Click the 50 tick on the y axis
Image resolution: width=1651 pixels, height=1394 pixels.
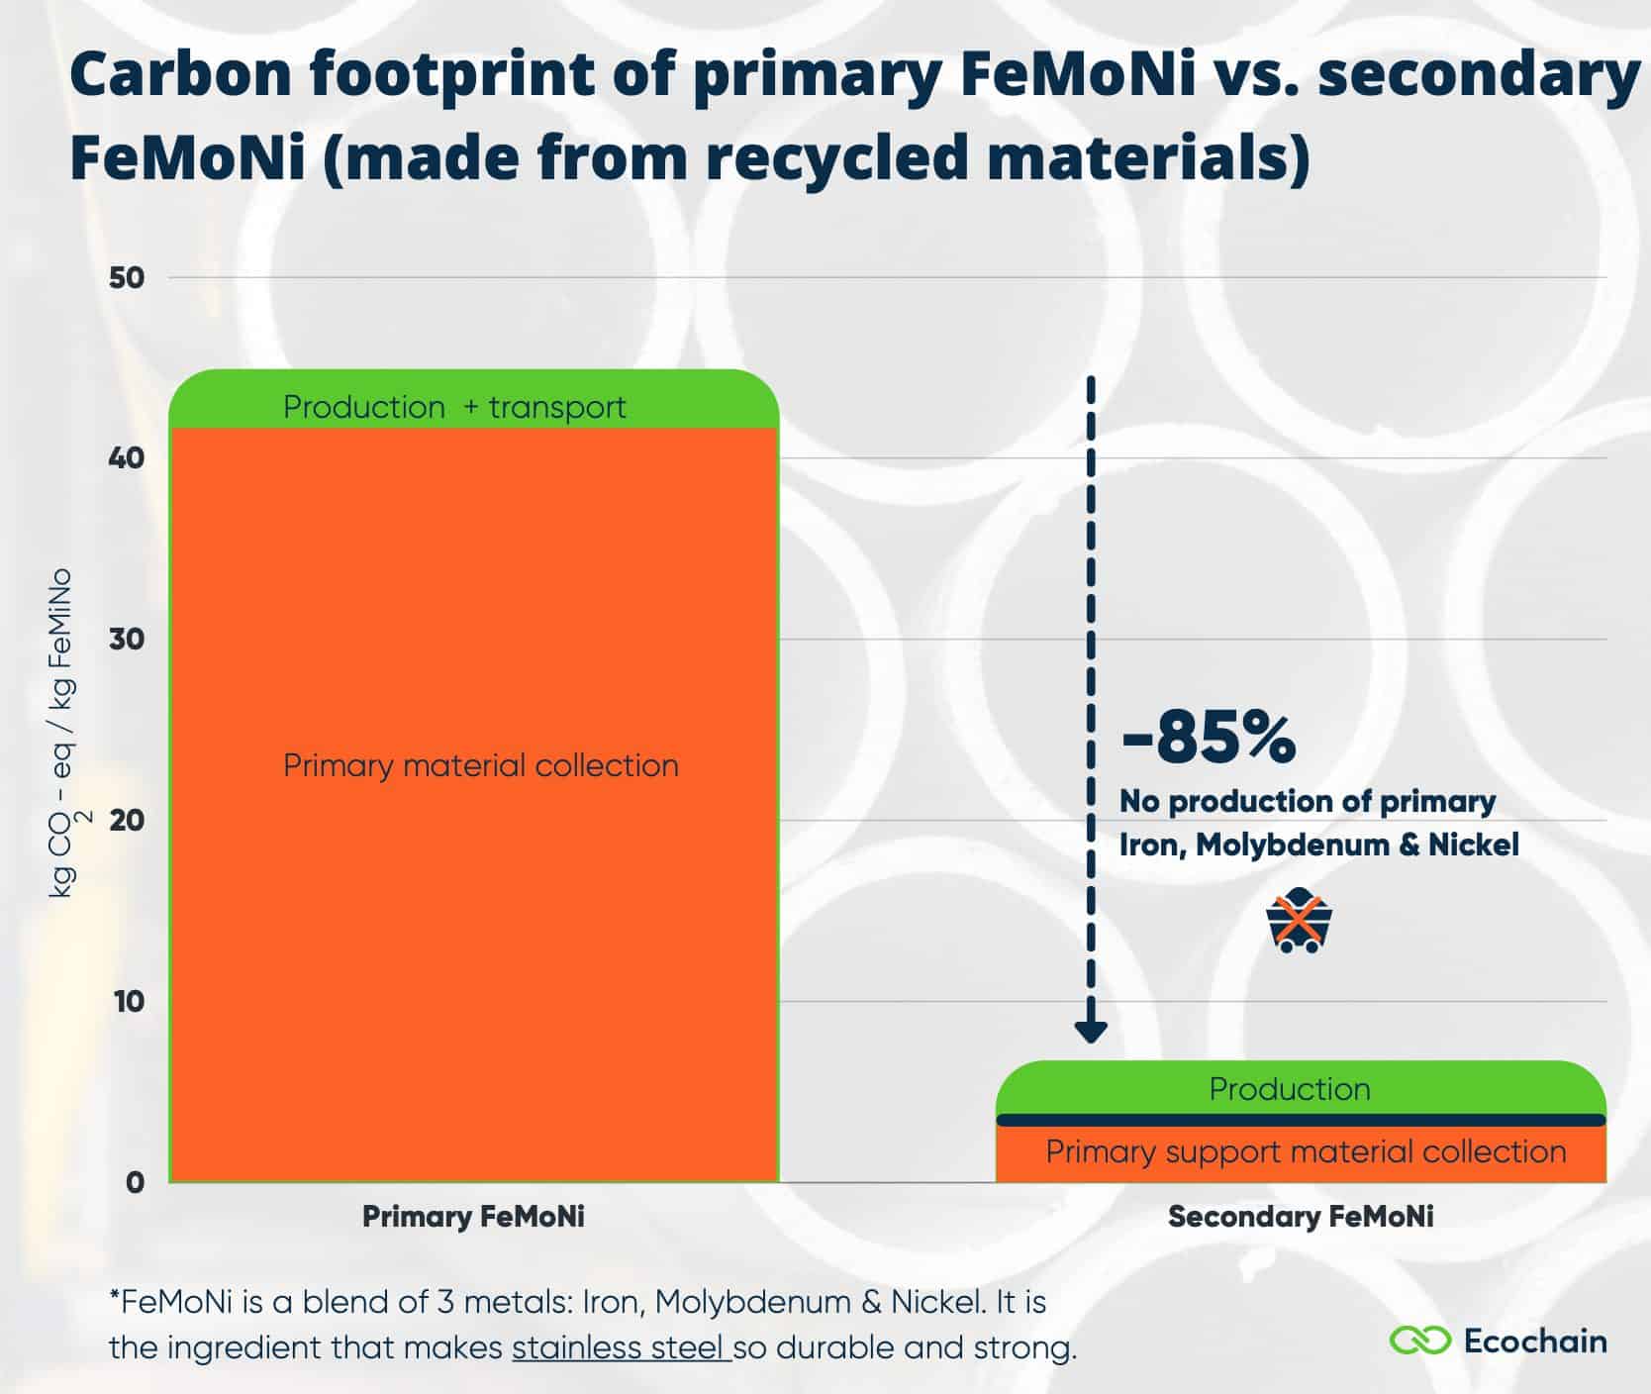click(127, 278)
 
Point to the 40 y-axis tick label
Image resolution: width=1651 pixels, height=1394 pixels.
click(127, 458)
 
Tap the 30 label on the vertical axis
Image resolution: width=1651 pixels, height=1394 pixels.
click(127, 640)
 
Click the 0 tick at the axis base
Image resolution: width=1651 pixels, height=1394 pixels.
click(136, 1182)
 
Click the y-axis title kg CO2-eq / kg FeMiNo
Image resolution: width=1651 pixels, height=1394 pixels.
click(65, 733)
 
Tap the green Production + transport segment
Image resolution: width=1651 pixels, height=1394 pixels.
click(454, 401)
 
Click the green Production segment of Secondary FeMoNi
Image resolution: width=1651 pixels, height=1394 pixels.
click(1289, 1088)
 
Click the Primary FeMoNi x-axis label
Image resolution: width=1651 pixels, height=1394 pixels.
click(473, 1217)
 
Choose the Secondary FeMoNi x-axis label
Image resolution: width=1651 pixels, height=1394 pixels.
click(1300, 1217)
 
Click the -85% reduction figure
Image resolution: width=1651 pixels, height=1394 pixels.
click(1208, 738)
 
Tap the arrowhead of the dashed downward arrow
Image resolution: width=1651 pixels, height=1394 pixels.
click(1090, 1032)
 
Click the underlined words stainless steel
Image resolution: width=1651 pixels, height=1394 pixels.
click(621, 1348)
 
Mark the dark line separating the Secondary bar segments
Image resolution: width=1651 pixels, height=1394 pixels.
click(1300, 1120)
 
